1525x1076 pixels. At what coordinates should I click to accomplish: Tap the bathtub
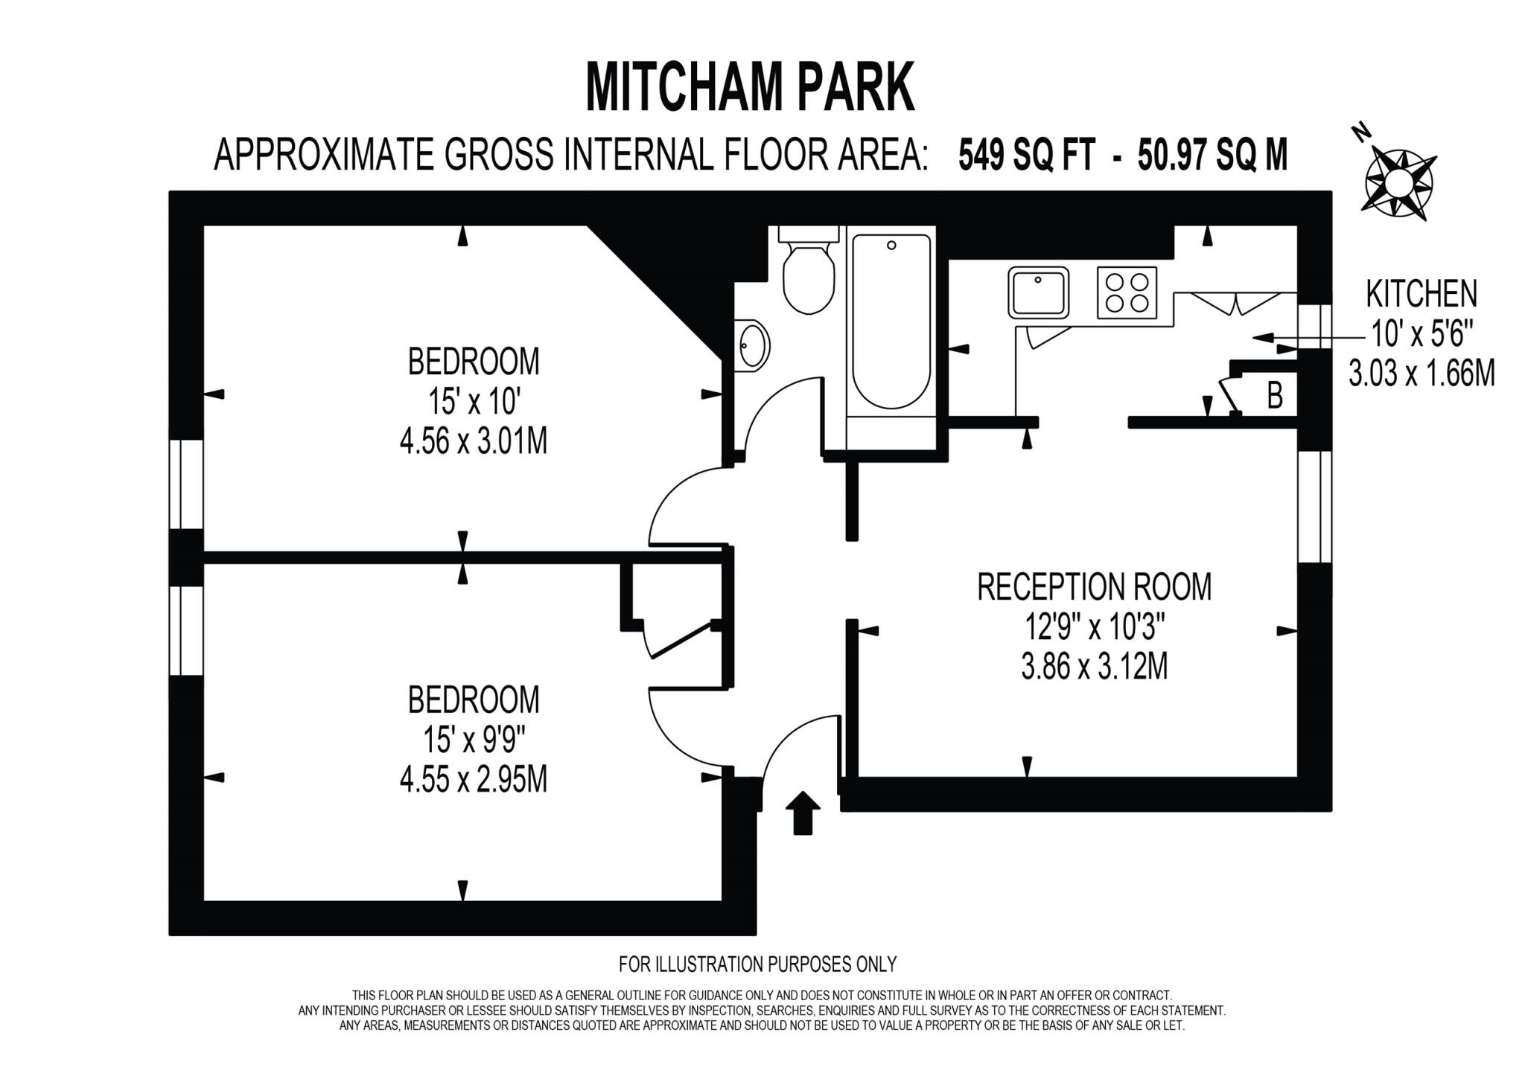pos(891,321)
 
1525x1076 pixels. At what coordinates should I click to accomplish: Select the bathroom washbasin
pos(751,345)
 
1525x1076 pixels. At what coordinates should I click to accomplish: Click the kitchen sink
pos(1039,292)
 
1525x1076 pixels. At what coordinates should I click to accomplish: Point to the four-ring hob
pos(1127,292)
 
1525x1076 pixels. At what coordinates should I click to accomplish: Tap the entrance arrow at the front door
pos(803,813)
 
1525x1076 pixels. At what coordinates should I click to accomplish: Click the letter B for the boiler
pos(1275,396)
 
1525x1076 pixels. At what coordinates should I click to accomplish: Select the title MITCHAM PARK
pos(750,89)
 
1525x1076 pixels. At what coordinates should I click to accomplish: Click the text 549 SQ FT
pos(1027,156)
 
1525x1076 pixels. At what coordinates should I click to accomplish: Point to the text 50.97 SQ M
pos(1212,156)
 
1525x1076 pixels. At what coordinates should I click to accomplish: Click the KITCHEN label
pos(1421,294)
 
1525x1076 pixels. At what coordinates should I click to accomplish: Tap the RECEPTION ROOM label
pos(1094,586)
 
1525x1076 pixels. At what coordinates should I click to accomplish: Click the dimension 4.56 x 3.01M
pos(474,442)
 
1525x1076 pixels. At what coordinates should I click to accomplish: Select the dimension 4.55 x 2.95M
pos(474,781)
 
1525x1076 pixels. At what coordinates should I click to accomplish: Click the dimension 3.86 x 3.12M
pos(1094,667)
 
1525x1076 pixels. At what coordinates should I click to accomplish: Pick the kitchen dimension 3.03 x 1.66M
pos(1421,374)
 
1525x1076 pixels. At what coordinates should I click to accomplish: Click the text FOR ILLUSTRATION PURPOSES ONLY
pos(757,964)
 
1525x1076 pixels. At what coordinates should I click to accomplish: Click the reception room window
pos(1314,506)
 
